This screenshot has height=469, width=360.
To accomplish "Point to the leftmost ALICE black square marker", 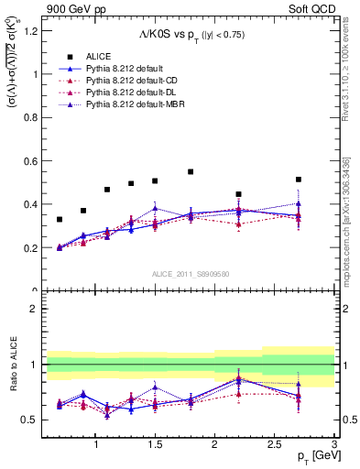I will (x=60, y=220).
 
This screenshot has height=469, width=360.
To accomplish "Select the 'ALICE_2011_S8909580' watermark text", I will (x=191, y=274).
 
